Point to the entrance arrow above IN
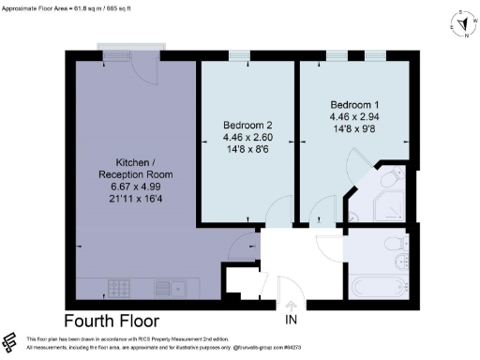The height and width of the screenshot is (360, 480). click(x=292, y=306)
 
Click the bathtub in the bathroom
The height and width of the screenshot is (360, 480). click(x=382, y=285)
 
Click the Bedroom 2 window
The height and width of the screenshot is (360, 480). click(x=239, y=55)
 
